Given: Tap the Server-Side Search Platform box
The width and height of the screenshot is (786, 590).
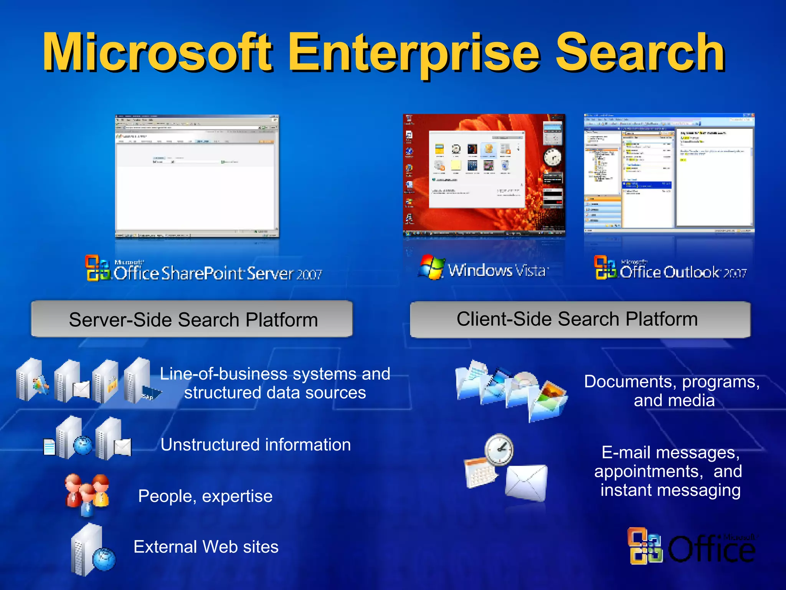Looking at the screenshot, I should pos(192,319).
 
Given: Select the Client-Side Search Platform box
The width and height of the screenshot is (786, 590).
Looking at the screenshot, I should pos(580,319).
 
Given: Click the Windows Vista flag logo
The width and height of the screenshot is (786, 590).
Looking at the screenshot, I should pos(431,267).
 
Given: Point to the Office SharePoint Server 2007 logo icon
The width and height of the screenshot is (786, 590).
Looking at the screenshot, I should pos(97,268).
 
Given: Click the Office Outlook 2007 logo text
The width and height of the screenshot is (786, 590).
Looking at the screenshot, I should pos(683,272).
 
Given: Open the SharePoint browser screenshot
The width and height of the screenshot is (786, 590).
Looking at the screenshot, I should pos(197,176).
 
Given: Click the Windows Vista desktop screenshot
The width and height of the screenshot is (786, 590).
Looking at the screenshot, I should pos(484,175).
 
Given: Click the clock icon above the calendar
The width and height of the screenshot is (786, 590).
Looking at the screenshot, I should pos(499,450).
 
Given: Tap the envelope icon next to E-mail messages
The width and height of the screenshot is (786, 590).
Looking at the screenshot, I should pos(526,483).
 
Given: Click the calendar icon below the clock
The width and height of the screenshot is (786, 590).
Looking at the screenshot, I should pos(480,473).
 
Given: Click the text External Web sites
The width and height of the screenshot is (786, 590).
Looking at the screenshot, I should pos(206,547).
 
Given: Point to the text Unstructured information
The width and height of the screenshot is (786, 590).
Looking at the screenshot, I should pos(255,445).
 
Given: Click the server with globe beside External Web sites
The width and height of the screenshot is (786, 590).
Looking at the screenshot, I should pos(92,550).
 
